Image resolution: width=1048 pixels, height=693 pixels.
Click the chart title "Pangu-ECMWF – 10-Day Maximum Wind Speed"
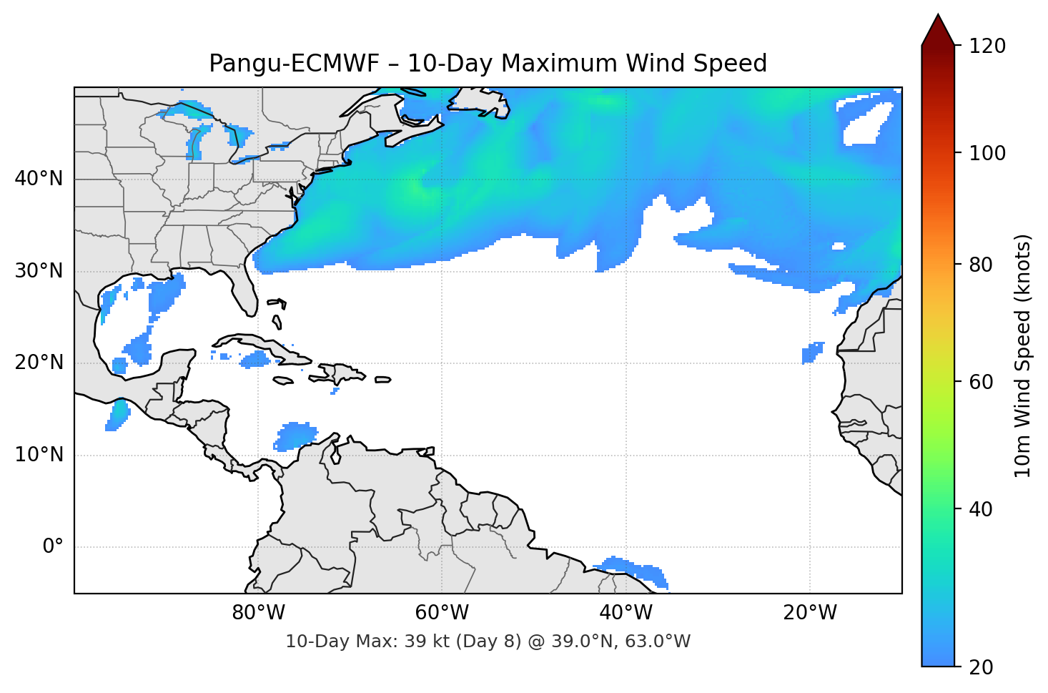tap(488, 64)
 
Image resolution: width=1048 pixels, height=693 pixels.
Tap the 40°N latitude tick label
tap(39, 179)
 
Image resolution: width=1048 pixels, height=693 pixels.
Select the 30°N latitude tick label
tap(39, 271)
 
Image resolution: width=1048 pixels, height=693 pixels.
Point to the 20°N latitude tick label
tap(39, 363)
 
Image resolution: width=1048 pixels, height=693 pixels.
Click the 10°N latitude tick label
tap(39, 455)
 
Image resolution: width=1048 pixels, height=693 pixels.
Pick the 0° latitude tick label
tap(53, 547)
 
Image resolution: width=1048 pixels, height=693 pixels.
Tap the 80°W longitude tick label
tap(258, 613)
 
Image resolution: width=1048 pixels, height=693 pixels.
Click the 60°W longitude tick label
tap(442, 613)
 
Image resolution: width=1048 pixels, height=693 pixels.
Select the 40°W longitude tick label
tap(626, 613)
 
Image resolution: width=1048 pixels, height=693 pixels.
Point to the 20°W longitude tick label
tap(809, 613)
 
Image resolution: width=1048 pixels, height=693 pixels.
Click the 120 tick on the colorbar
tap(987, 46)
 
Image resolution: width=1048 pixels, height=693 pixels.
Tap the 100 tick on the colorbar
tap(987, 153)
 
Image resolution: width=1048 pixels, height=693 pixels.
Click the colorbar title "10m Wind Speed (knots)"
tap(1023, 355)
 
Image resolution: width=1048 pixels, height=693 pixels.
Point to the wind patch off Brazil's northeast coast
tap(633, 569)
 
